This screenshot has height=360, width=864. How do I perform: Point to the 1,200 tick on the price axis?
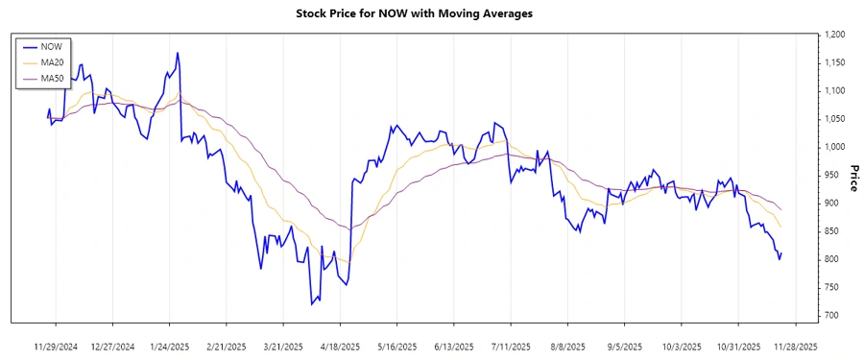831,35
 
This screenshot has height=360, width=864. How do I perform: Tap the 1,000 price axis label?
831,147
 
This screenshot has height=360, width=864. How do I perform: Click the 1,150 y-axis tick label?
831,62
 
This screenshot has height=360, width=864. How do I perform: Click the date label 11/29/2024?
56,346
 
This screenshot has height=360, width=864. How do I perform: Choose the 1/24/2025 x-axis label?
170,346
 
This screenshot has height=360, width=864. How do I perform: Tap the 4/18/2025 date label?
341,346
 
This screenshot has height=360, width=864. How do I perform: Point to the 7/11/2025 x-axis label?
512,346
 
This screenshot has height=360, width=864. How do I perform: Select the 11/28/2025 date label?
797,346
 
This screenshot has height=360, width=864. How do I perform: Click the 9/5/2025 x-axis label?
626,346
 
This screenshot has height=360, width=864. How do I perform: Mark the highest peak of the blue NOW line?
178,53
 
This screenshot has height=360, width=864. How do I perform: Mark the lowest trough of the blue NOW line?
312,304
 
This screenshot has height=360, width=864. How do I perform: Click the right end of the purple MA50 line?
781,210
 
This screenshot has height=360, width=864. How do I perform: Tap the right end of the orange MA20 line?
781,228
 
